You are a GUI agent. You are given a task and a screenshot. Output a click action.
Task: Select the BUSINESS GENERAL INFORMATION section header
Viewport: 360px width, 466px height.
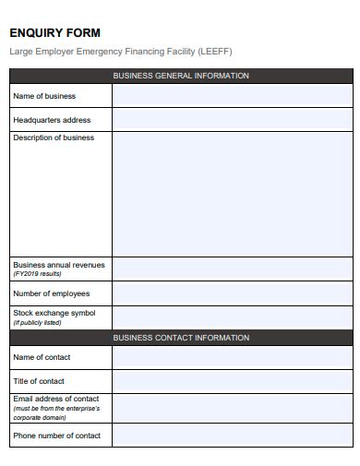[181, 76]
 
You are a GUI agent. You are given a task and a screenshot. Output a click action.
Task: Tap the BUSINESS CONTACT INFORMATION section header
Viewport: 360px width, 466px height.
[181, 338]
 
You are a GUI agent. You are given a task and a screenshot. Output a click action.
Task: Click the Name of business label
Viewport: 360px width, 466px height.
[44, 96]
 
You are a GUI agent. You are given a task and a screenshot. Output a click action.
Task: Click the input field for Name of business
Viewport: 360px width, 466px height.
[232, 96]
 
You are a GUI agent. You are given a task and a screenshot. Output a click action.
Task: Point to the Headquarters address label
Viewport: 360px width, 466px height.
[52, 120]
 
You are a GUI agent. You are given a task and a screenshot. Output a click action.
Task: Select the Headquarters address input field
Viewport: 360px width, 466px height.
[232, 120]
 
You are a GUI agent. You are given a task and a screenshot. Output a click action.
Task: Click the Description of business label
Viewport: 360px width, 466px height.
[54, 138]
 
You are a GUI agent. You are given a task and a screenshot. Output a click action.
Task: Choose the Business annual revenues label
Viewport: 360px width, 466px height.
[59, 265]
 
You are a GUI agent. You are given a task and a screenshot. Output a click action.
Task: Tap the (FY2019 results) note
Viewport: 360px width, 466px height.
[38, 274]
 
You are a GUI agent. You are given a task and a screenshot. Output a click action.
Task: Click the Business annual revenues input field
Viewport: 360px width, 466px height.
[232, 269]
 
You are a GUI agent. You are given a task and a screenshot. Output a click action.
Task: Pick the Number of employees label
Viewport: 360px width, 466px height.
[52, 293]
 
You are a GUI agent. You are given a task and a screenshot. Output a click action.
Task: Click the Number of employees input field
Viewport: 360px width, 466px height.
[232, 293]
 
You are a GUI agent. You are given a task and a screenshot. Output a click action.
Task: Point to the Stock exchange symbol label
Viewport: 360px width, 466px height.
[54, 314]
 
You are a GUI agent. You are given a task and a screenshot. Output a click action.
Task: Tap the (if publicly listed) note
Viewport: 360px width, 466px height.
[38, 323]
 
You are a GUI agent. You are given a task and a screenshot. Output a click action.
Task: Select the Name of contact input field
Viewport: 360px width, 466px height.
[232, 357]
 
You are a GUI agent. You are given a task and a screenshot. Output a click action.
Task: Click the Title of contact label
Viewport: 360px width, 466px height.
[39, 381]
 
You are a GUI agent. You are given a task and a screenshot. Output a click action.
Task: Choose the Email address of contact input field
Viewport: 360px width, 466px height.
[232, 407]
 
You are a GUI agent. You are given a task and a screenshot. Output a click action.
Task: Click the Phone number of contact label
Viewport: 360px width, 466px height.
[56, 436]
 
